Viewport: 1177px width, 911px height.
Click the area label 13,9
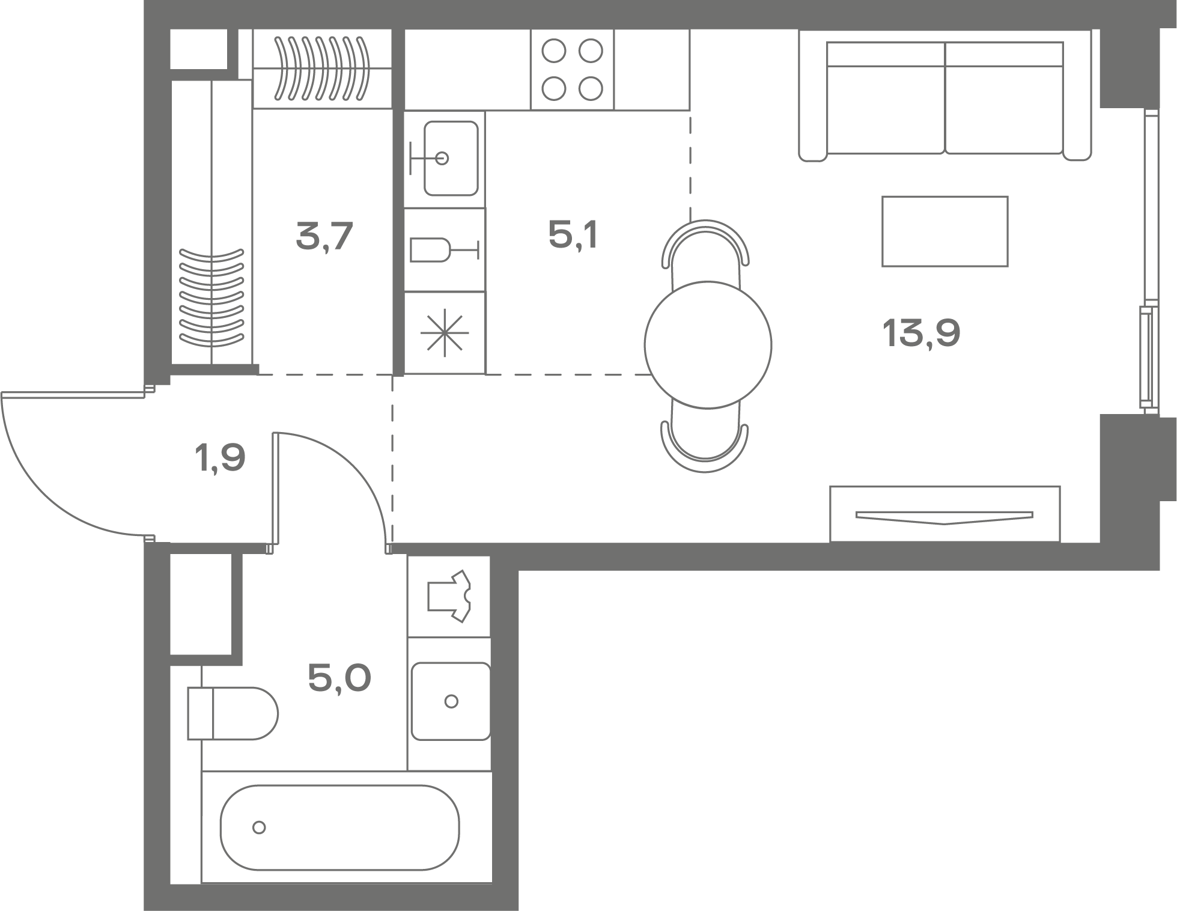click(x=921, y=334)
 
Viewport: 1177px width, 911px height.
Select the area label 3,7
click(x=324, y=236)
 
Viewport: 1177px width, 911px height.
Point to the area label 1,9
click(x=220, y=459)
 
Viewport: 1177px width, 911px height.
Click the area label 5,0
click(x=339, y=678)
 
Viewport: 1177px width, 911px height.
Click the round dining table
click(x=708, y=345)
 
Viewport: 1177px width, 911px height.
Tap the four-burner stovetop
click(x=572, y=70)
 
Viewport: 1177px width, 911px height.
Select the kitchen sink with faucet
click(x=445, y=159)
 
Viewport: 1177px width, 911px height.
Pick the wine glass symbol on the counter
click(x=444, y=249)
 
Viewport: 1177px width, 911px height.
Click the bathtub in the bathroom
click(x=340, y=827)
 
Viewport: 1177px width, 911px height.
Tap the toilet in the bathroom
click(x=233, y=713)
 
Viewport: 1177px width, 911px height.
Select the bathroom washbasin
click(x=451, y=701)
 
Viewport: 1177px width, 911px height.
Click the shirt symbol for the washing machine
click(x=449, y=596)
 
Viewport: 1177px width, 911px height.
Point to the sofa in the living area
click(x=945, y=96)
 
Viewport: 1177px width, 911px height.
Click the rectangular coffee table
click(x=945, y=231)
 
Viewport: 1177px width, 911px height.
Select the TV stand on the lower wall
click(x=945, y=514)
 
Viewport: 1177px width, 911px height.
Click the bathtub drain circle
click(x=259, y=827)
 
